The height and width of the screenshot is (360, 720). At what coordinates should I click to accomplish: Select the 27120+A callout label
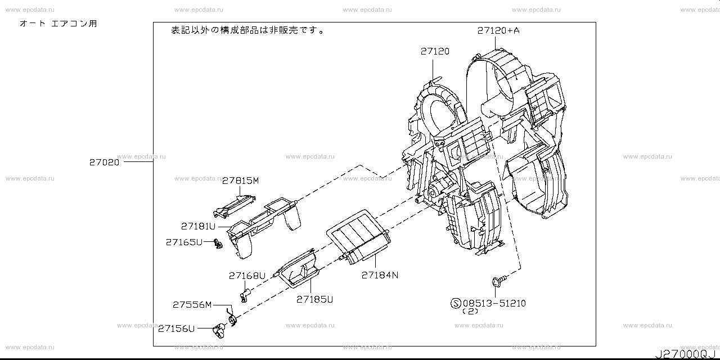[498, 30]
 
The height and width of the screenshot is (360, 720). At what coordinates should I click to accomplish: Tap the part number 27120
[434, 51]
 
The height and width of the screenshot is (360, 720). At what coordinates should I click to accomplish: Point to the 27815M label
[240, 181]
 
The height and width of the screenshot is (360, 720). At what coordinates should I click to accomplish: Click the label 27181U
[198, 226]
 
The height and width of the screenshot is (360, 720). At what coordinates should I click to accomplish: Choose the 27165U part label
[183, 242]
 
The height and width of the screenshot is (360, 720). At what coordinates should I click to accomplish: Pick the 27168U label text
[246, 276]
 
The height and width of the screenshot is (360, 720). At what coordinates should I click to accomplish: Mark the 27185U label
[314, 299]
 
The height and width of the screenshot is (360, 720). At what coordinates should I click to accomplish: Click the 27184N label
[380, 275]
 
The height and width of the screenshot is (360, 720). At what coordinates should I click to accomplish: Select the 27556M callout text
[192, 304]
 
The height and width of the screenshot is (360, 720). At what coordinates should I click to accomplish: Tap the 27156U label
[176, 328]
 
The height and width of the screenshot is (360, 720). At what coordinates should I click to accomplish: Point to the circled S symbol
[456, 304]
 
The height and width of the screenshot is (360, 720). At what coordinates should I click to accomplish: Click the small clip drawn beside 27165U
[217, 244]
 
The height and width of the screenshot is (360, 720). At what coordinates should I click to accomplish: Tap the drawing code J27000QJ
[684, 354]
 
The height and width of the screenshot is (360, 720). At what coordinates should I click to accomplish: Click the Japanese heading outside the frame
[58, 24]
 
